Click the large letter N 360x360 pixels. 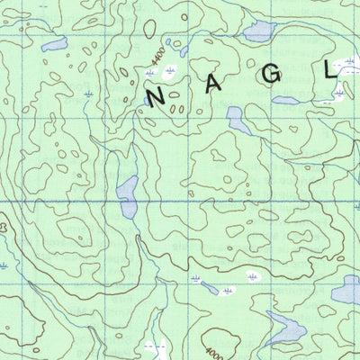154,96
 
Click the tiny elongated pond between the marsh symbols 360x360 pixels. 211,288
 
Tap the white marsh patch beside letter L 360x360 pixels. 340,65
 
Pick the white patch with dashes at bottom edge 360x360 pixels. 155,346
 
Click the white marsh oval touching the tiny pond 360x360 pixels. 228,292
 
